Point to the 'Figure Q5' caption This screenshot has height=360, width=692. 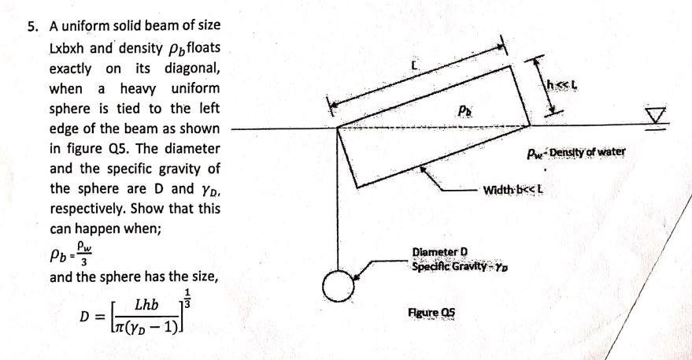coord(431,312)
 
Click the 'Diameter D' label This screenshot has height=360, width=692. coord(440,253)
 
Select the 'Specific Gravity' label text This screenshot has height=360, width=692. coord(446,266)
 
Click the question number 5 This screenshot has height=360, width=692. coord(32,24)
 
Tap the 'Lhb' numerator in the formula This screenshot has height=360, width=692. coord(146,304)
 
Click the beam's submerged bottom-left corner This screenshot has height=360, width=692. coord(361,187)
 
